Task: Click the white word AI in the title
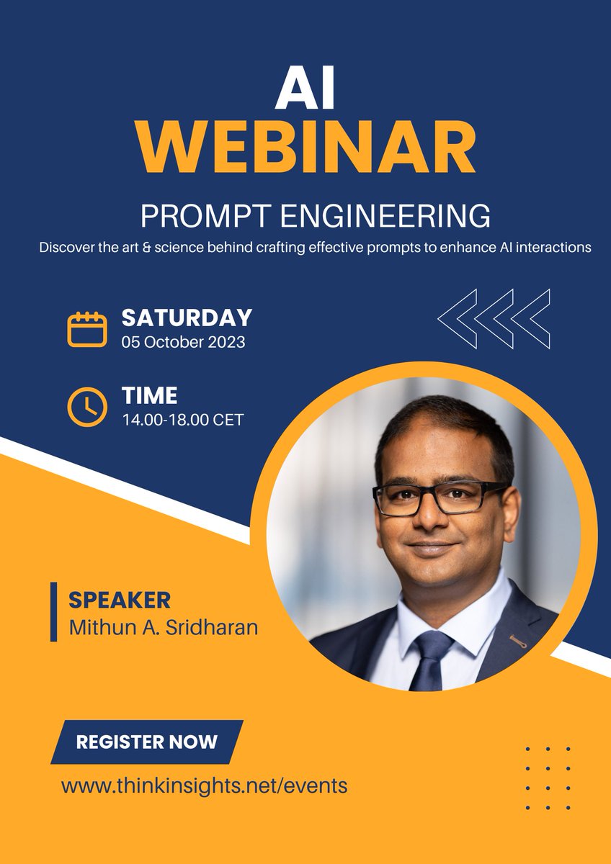305,92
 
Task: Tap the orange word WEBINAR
305,148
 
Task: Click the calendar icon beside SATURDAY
86,329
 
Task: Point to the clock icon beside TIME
86,407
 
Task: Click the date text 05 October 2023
183,342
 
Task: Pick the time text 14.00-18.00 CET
182,419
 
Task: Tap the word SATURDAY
187,318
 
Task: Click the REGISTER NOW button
147,742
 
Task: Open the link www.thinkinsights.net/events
205,786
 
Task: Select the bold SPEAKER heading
120,600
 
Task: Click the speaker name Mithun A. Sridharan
164,626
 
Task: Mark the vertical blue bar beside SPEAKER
54,612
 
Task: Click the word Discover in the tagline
71,248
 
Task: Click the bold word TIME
149,395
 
